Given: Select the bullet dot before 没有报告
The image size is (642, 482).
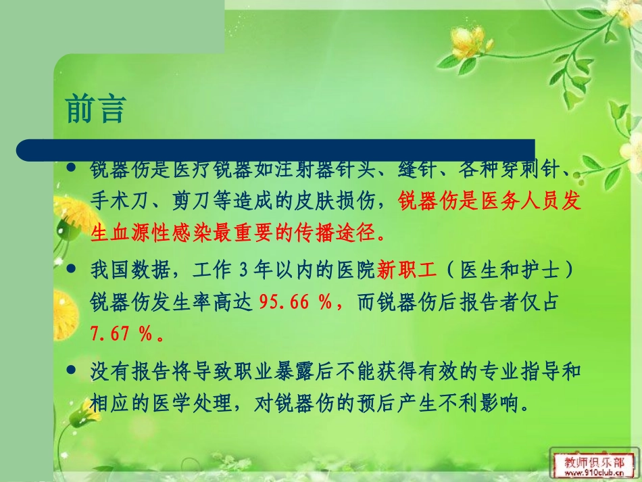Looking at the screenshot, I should tap(73, 370).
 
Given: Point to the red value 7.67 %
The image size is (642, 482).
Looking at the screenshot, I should tap(122, 334).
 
